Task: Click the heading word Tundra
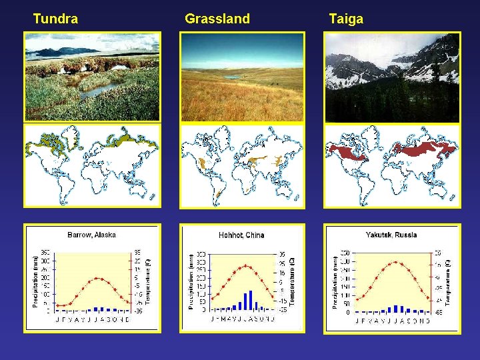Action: pos(55,19)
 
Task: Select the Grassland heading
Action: pos(217,19)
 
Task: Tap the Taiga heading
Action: pos(346,19)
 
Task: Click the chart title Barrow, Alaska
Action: pos(91,235)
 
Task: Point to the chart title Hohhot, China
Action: pos(241,235)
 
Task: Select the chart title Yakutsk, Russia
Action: pos(391,235)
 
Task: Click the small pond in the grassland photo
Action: pos(232,77)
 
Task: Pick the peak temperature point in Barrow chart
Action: pos(97,278)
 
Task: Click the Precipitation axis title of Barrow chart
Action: pos(35,280)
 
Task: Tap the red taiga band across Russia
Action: pos(423,149)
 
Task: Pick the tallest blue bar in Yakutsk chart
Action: pos(398,309)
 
